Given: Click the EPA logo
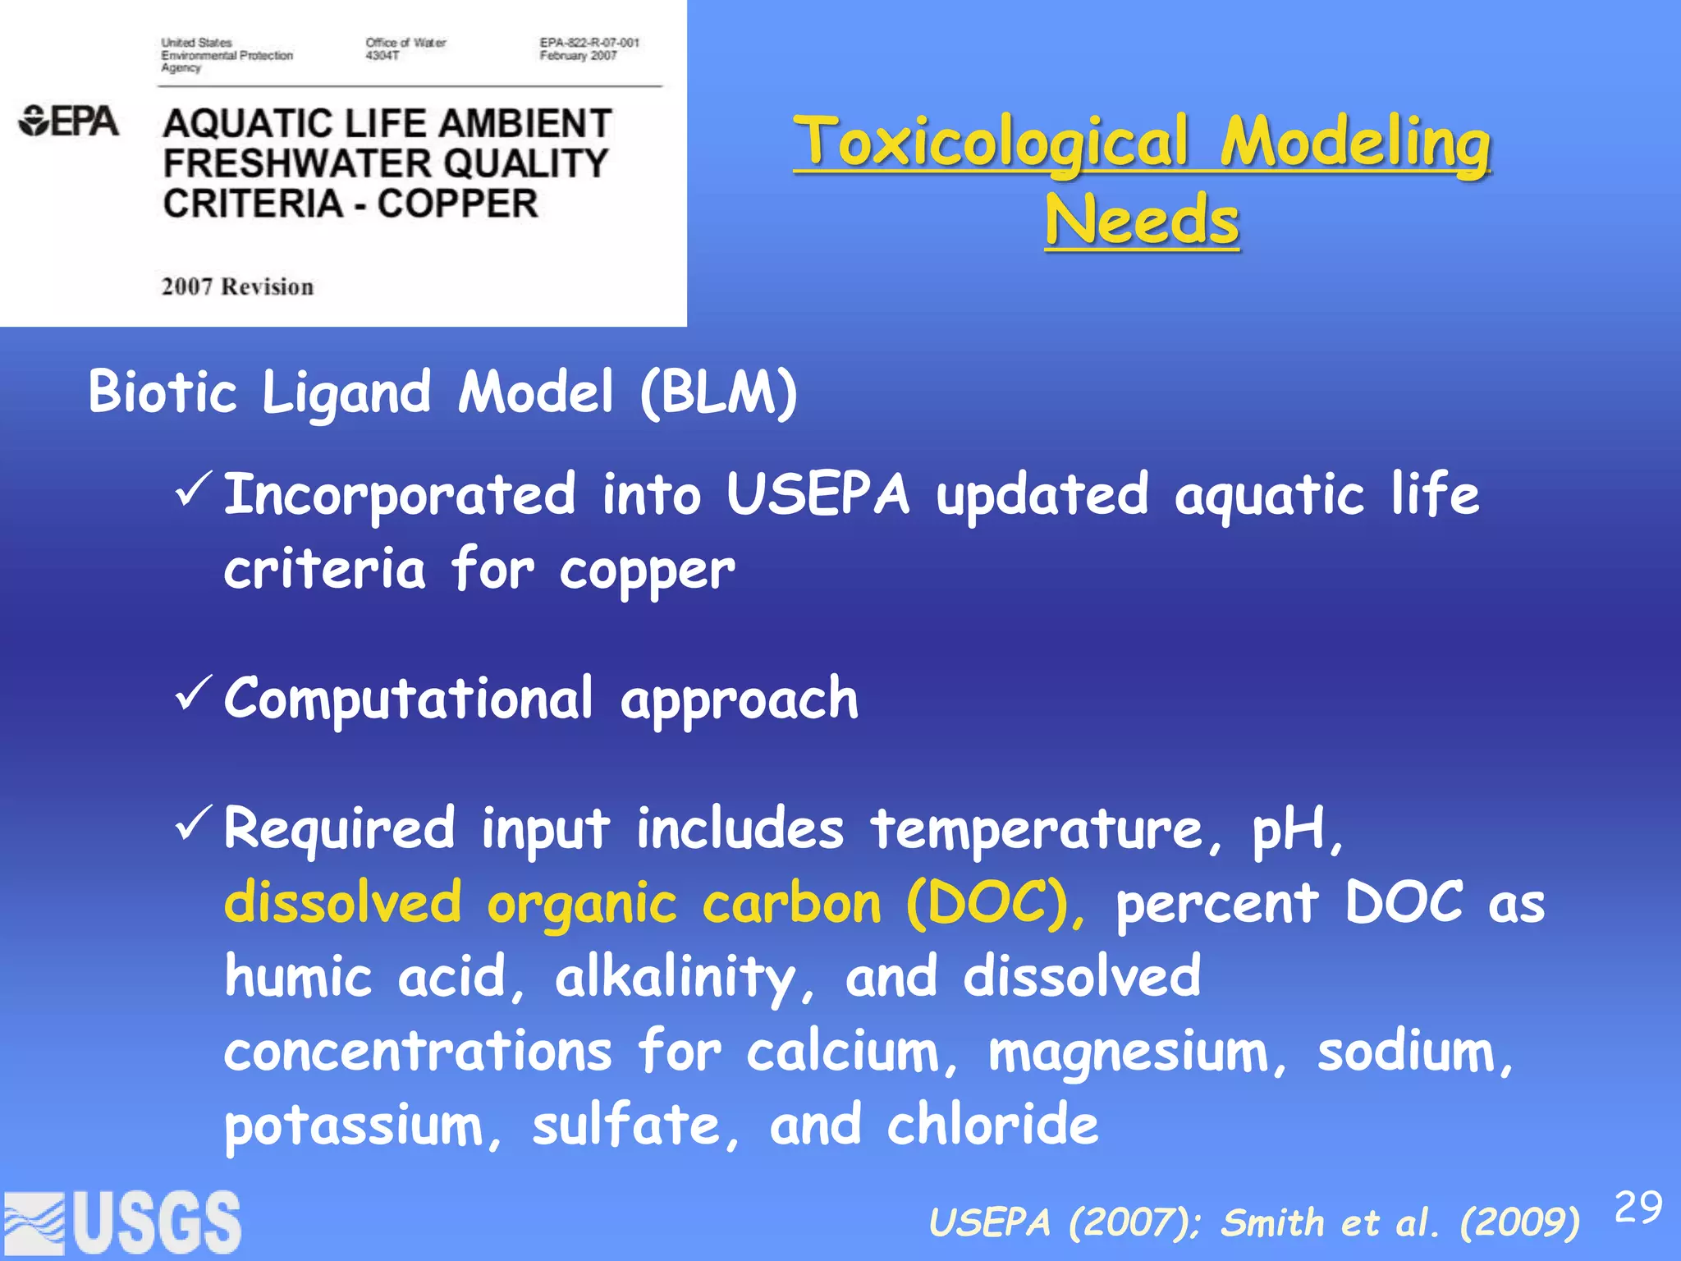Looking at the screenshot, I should pyautogui.click(x=69, y=122).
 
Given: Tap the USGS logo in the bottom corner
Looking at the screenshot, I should pyautogui.click(x=123, y=1223).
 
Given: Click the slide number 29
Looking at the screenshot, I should pyautogui.click(x=1638, y=1208).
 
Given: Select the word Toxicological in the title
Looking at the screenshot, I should pyautogui.click(x=992, y=141).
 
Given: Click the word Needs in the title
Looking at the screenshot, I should pyautogui.click(x=1142, y=220).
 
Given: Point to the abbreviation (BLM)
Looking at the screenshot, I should pyautogui.click(x=719, y=392).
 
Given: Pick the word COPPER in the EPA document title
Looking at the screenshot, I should pyautogui.click(x=457, y=204).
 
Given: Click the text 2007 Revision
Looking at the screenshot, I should pyautogui.click(x=237, y=287).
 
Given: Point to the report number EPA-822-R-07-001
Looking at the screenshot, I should pyautogui.click(x=589, y=43).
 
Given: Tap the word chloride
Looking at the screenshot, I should pyautogui.click(x=992, y=1124).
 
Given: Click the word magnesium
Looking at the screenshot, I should pyautogui.click(x=1137, y=1052).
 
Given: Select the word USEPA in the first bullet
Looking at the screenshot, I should pyautogui.click(x=818, y=494).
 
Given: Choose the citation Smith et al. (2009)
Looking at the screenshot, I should pyautogui.click(x=1399, y=1222).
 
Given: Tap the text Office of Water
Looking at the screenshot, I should pyautogui.click(x=405, y=43).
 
